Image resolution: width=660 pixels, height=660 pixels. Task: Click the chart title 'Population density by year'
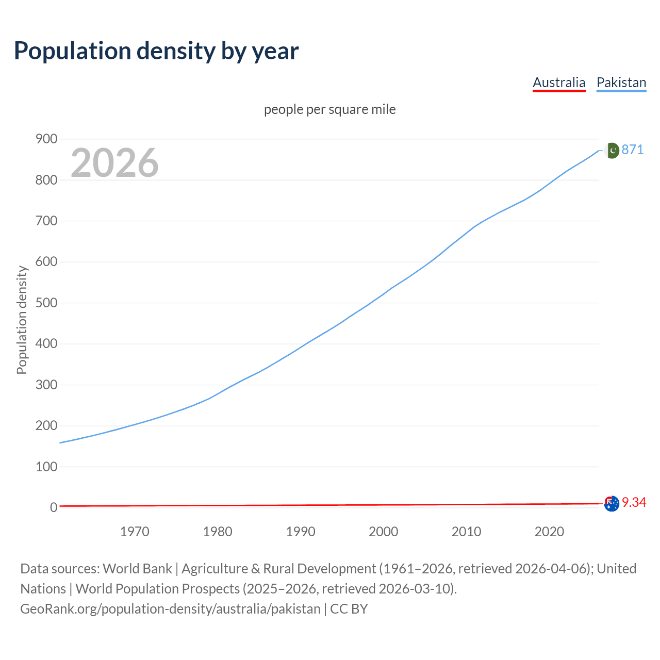(156, 51)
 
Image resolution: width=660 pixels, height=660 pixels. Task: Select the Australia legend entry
(559, 82)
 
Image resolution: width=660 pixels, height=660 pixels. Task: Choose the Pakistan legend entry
(621, 82)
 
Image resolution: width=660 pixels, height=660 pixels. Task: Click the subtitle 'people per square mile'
(330, 109)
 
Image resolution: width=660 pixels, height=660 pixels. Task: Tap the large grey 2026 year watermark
(114, 163)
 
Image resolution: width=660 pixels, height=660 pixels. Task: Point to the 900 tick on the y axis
(46, 139)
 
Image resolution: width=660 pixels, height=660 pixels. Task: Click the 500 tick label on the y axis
(46, 303)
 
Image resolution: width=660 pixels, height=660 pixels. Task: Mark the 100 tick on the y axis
(46, 467)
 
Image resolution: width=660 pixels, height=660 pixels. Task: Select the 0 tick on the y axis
(53, 507)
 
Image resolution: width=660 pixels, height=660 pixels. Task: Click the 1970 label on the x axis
(135, 532)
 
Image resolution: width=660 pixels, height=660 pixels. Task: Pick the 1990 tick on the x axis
(301, 532)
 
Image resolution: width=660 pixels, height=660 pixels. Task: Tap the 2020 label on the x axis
(549, 532)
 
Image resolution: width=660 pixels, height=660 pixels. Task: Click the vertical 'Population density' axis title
(22, 320)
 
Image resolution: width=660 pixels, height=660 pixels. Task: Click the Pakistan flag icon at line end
(612, 150)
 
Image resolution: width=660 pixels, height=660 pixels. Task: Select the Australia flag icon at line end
(612, 503)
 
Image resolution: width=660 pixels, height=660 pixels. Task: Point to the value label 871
(633, 150)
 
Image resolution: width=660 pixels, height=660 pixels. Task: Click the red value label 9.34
(634, 502)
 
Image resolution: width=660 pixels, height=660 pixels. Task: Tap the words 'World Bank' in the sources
(137, 568)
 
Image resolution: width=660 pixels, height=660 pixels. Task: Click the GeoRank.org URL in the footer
(170, 608)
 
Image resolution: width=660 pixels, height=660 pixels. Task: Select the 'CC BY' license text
(349, 608)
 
